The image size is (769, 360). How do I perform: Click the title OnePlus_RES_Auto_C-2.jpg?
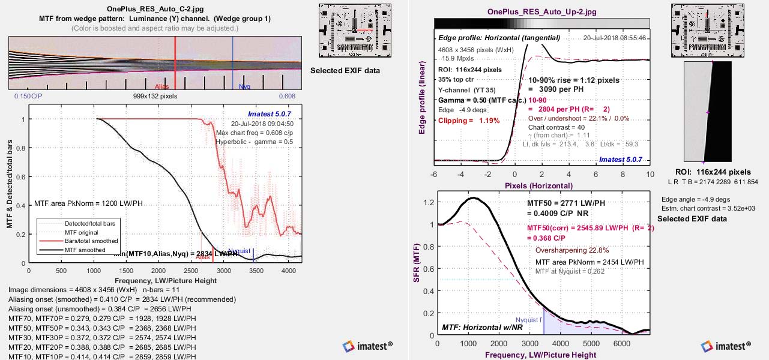pyautogui.click(x=155, y=9)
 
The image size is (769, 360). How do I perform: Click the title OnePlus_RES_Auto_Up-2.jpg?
pyautogui.click(x=541, y=11)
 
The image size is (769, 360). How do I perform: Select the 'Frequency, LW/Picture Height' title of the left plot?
pyautogui.click(x=155, y=280)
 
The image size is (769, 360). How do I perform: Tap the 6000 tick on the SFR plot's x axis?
pyautogui.click(x=622, y=344)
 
